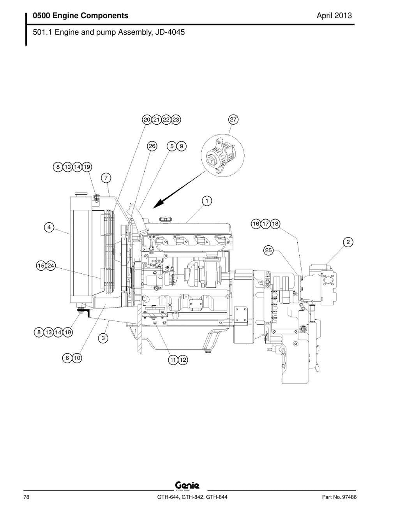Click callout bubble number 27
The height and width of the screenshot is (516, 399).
pyautogui.click(x=233, y=120)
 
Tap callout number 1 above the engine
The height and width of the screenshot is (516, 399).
pyautogui.click(x=207, y=201)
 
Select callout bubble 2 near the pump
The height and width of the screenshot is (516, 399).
pyautogui.click(x=348, y=242)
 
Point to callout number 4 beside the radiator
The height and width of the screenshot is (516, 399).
pyautogui.click(x=49, y=227)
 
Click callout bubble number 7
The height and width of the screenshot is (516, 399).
pyautogui.click(x=106, y=178)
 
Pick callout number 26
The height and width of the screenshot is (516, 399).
pyautogui.click(x=152, y=146)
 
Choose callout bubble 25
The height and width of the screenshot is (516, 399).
pyautogui.click(x=268, y=250)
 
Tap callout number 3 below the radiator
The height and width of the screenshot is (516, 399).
pyautogui.click(x=103, y=338)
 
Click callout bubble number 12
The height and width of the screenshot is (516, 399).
pyautogui.click(x=183, y=360)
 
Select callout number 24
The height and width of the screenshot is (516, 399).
pyautogui.click(x=51, y=266)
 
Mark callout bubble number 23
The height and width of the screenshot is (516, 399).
pyautogui.click(x=176, y=120)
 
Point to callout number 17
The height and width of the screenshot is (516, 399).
pyautogui.click(x=265, y=224)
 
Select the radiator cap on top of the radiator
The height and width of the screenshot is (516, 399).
pyautogui.click(x=81, y=194)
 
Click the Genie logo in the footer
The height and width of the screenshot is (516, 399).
pyautogui.click(x=188, y=485)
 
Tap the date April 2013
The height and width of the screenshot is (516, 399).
pyautogui.click(x=334, y=16)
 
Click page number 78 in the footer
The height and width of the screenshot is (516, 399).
pyautogui.click(x=26, y=497)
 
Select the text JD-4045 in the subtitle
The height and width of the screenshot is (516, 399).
pyautogui.click(x=170, y=32)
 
